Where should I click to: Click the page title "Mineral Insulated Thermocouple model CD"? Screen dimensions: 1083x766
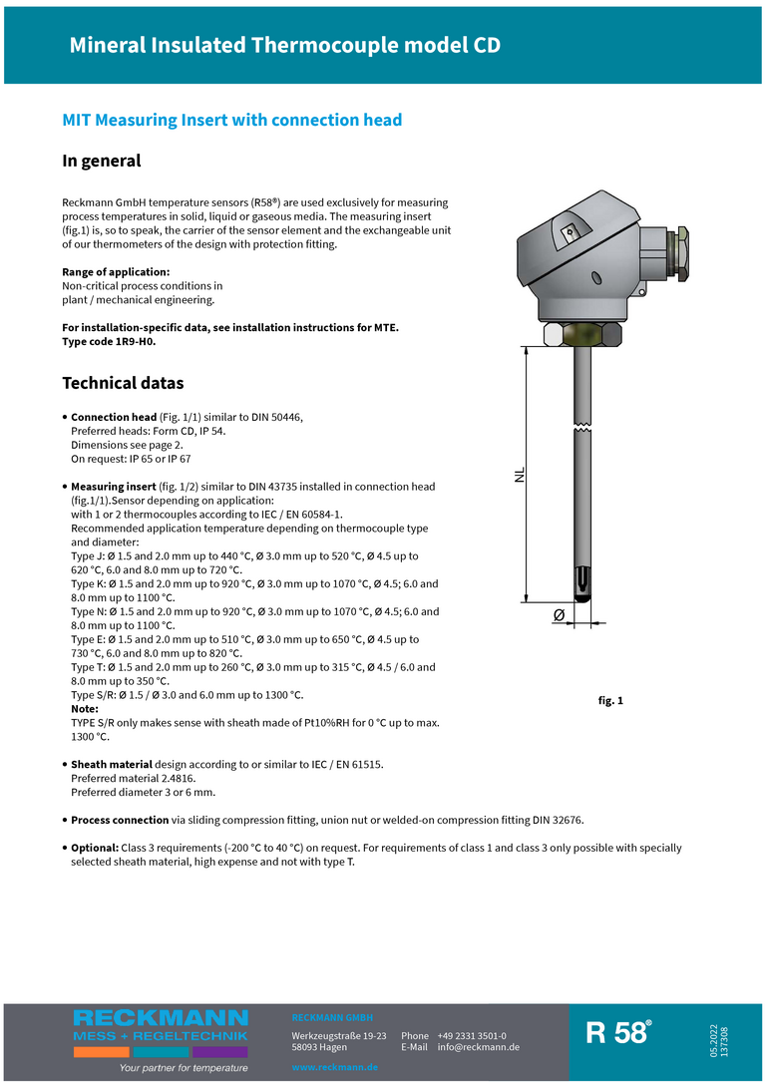(x=284, y=46)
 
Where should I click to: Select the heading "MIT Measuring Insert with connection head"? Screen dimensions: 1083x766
(x=232, y=121)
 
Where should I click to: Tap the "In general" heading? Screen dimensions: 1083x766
(x=102, y=161)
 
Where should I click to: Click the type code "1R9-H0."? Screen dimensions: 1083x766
(x=130, y=341)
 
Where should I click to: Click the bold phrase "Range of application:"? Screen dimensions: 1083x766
(x=116, y=272)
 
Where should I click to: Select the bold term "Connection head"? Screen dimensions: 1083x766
(x=114, y=417)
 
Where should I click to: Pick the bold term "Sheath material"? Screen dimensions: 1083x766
(x=111, y=765)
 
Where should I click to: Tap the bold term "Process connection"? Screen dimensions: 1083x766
(x=120, y=820)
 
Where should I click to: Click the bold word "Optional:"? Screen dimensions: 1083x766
(x=94, y=848)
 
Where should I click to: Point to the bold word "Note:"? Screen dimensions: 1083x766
(x=85, y=709)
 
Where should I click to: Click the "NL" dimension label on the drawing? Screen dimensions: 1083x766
(x=520, y=475)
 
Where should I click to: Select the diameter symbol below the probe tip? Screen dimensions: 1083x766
(x=559, y=616)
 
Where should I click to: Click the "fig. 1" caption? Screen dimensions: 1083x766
(x=610, y=701)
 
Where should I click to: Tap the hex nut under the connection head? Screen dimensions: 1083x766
(x=582, y=333)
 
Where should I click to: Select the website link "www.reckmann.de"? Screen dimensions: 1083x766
(x=335, y=1067)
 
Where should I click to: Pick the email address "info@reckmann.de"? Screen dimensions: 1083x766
(x=478, y=1047)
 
